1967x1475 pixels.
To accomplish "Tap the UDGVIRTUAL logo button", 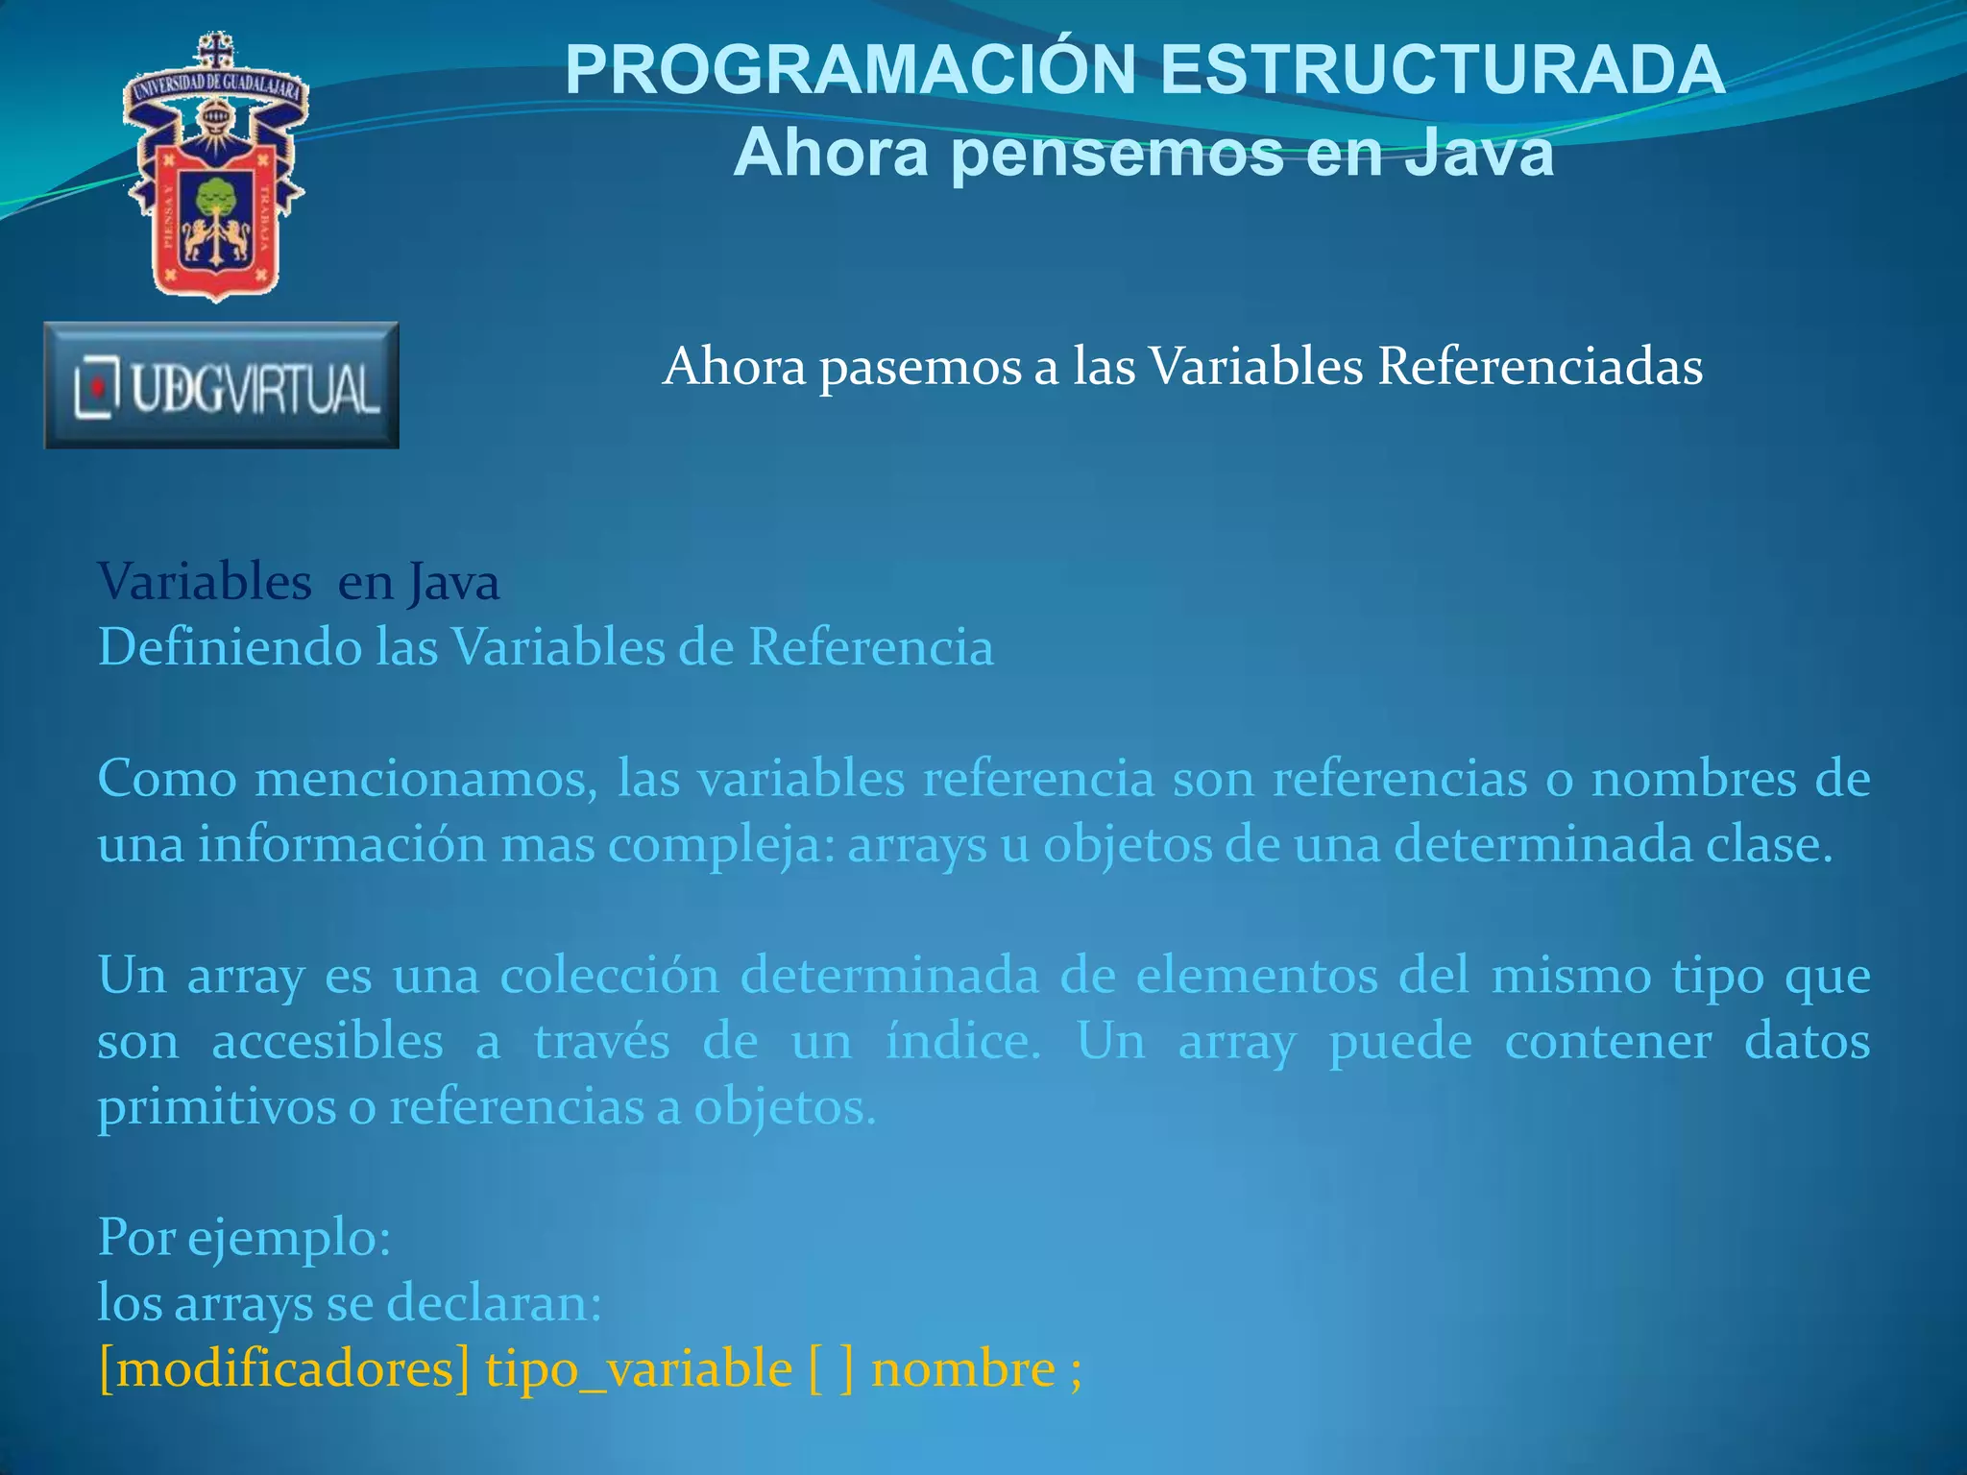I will tap(222, 386).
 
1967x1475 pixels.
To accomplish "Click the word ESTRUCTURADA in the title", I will tap(1443, 70).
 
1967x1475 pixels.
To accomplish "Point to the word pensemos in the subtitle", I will tap(1117, 154).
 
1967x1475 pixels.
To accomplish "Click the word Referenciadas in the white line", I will tap(1540, 367).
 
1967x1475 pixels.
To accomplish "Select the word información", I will tap(343, 845).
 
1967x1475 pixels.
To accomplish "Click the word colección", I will tap(609, 976).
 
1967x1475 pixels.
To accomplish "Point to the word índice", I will tap(962, 1041).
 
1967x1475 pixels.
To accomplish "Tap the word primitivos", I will tap(215, 1108).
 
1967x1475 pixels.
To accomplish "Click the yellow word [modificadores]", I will tap(284, 1369).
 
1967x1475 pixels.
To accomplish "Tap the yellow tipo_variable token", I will tap(639, 1369).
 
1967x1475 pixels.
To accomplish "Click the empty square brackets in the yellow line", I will tap(832, 1369).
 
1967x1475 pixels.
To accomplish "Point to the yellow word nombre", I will tap(963, 1369).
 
